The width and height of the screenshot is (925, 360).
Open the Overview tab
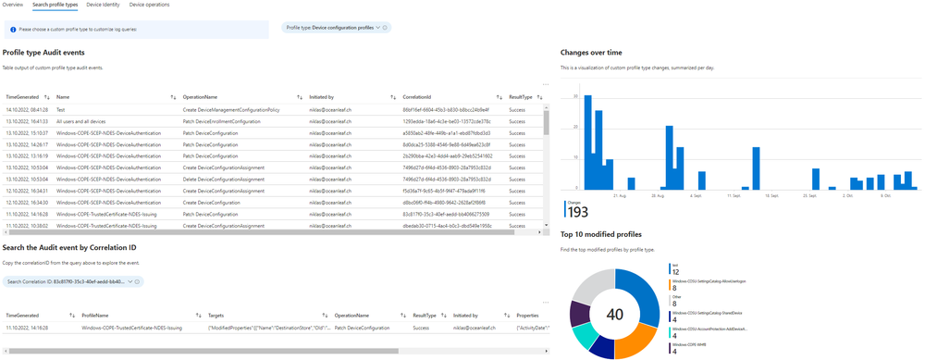(13, 5)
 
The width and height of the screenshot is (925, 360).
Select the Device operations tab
(150, 5)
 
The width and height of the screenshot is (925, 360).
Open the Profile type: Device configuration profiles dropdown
(336, 28)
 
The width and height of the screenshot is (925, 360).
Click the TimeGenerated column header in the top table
(22, 96)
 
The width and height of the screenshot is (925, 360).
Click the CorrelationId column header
(418, 96)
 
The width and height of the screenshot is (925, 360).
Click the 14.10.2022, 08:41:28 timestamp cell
(27, 109)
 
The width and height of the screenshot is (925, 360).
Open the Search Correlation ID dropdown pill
(73, 280)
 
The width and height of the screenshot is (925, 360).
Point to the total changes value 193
(576, 212)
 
